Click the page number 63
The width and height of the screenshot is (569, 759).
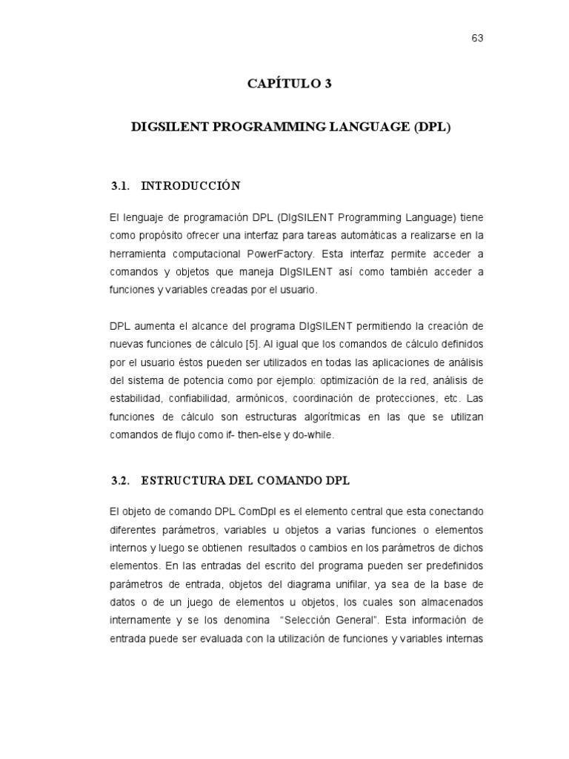tap(477, 39)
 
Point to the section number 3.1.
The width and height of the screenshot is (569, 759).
tap(121, 185)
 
